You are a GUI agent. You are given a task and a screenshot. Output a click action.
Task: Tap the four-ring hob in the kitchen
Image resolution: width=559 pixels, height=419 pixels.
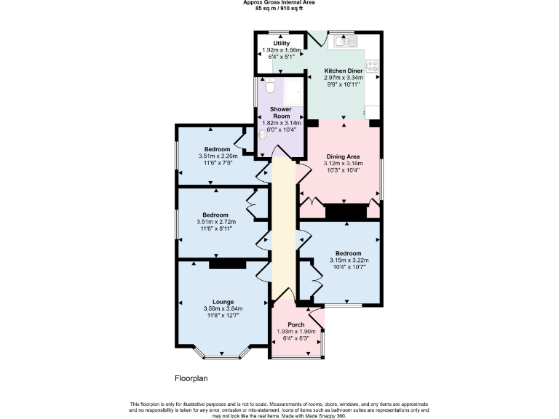(372, 65)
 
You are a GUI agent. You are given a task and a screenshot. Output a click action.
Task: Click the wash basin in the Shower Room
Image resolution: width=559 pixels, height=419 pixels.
(262, 135)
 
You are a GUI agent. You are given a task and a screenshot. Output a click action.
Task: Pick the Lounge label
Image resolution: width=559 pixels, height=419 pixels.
(223, 302)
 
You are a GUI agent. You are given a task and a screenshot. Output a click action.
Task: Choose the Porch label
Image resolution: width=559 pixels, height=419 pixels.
(296, 324)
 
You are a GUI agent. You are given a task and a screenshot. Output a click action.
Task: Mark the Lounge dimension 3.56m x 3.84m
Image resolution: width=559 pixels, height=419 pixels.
(223, 309)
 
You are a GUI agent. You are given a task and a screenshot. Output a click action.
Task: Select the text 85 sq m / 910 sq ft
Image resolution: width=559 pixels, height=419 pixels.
(279, 8)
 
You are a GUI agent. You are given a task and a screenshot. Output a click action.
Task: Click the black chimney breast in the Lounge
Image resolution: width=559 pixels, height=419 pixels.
(222, 265)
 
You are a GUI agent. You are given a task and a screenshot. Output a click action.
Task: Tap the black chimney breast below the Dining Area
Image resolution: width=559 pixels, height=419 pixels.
(346, 212)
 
